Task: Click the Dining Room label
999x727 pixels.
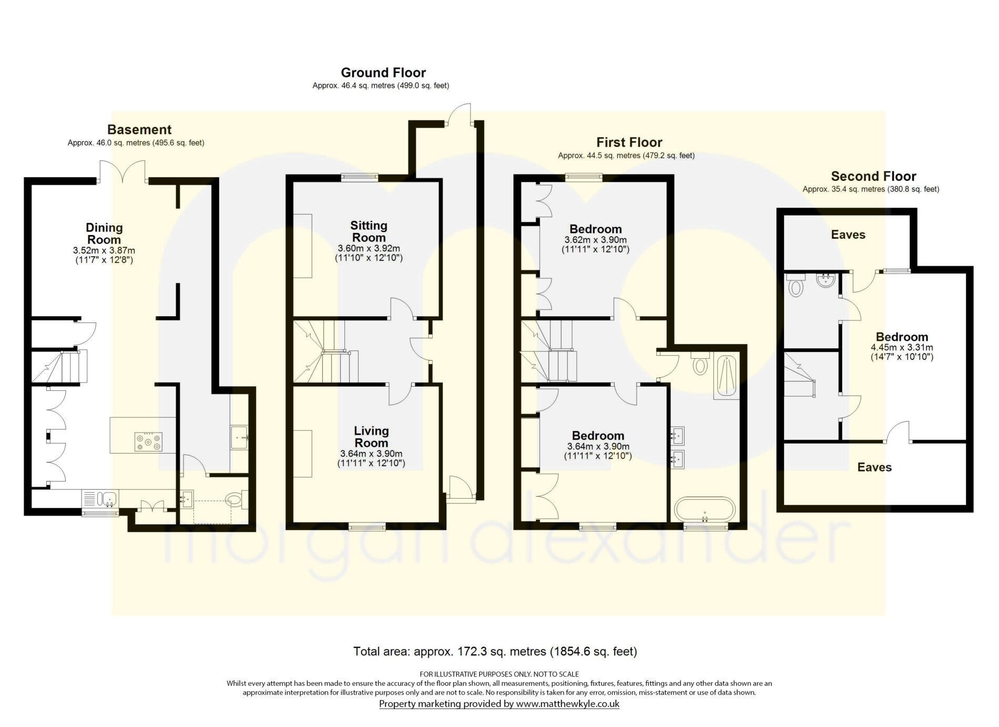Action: coord(104,234)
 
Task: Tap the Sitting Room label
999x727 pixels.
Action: coord(369,231)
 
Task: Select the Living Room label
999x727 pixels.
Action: coord(371,437)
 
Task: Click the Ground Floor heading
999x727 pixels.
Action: coord(383,73)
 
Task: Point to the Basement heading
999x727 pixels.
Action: coord(139,129)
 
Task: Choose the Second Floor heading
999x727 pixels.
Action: coord(873,176)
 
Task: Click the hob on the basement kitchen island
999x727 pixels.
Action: coord(149,442)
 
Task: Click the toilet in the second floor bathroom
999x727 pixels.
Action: coord(797,285)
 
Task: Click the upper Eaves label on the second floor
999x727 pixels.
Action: coord(848,235)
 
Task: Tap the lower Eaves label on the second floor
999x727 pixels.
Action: coord(874,467)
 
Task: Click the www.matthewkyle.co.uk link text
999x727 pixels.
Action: coord(568,704)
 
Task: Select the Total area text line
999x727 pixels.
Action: coord(495,652)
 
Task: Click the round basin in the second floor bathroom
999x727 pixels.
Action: coord(827,280)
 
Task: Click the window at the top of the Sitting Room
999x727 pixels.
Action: coord(360,177)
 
